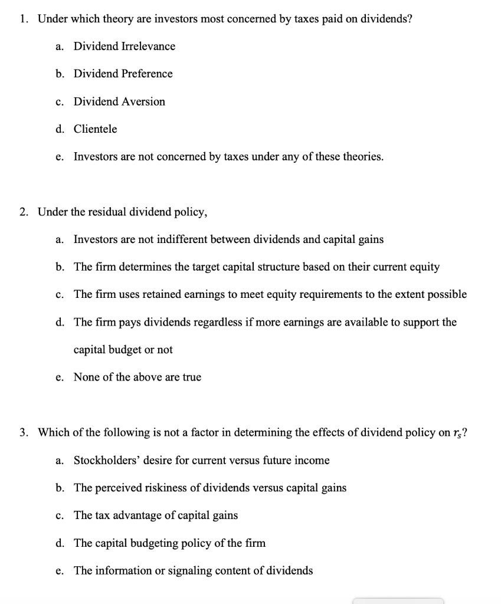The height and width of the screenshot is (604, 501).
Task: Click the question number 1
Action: click(22, 18)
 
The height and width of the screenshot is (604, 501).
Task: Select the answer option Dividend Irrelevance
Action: click(124, 46)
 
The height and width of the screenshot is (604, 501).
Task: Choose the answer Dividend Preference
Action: click(123, 74)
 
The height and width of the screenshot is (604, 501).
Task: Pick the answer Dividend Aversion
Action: click(119, 101)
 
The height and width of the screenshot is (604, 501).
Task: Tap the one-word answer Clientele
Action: click(95, 129)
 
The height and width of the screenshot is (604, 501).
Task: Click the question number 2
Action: click(22, 212)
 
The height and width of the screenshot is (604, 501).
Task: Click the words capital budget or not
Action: click(123, 349)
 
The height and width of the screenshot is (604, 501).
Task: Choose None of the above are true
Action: click(137, 377)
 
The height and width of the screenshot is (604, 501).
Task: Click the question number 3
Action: click(22, 432)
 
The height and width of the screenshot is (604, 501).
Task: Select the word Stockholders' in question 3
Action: click(103, 460)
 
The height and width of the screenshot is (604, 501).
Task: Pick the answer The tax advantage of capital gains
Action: click(155, 515)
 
